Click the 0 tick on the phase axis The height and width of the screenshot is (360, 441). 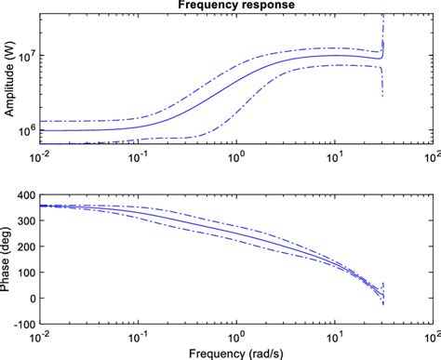[29, 298]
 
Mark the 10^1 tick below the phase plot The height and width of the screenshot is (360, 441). [332, 336]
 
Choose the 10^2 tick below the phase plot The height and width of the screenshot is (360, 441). [429, 336]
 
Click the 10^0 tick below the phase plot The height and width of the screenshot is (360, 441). [235, 336]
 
